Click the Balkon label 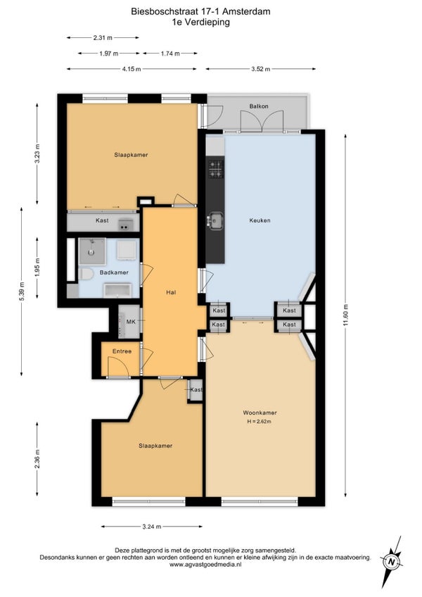click(259, 106)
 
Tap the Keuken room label click(260, 220)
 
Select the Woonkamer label click(260, 413)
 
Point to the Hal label click(171, 292)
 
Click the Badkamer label click(114, 272)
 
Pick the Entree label click(122, 351)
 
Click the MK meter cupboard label click(131, 322)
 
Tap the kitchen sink click(216, 220)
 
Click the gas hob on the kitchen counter click(216, 169)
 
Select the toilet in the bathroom click(86, 274)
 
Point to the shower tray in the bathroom click(91, 251)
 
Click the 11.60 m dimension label click(345, 315)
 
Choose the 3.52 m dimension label click(261, 69)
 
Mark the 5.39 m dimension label click(22, 292)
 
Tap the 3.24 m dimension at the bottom click(152, 527)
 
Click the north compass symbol click(392, 561)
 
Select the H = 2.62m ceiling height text click(259, 422)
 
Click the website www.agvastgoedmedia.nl click(205, 565)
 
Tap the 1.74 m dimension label click(170, 54)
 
